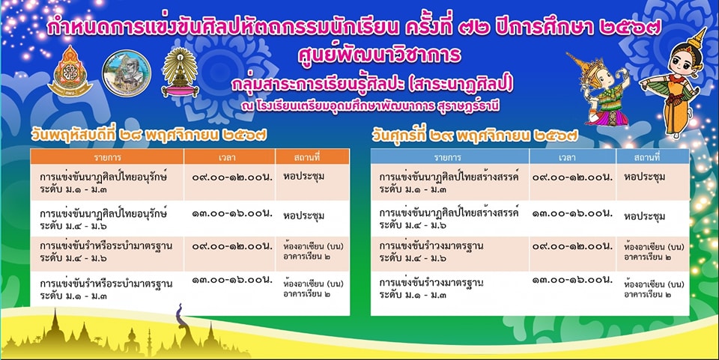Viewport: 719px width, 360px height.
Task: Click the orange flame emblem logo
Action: point(70,71)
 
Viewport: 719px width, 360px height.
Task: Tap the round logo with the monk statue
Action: point(127,73)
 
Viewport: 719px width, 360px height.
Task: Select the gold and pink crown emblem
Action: point(180,73)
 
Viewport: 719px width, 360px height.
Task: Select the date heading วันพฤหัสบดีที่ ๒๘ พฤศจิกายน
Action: point(149,135)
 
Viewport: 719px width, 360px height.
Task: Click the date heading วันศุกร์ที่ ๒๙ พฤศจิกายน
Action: point(475,135)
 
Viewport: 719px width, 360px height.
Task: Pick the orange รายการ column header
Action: point(107,156)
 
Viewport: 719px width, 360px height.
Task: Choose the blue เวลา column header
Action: point(567,156)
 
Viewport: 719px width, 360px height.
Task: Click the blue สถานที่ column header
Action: point(653,156)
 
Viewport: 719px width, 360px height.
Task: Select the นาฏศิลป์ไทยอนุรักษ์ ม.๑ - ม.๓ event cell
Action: point(107,183)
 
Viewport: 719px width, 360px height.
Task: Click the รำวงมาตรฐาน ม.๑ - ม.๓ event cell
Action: point(450,289)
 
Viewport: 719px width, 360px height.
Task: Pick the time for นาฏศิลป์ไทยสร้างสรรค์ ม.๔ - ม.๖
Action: point(572,213)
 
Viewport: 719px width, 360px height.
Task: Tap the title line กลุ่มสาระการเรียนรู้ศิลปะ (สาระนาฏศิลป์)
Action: point(372,85)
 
